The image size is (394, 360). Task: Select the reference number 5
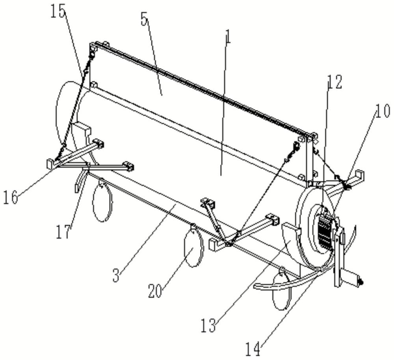(x=144, y=20)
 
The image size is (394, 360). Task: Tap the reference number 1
(x=228, y=37)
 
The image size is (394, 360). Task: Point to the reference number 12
(x=335, y=82)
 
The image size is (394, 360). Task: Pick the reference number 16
(x=11, y=197)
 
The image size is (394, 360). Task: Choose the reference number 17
(x=63, y=231)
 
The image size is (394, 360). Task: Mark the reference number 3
(x=116, y=275)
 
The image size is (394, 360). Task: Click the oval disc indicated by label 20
(x=193, y=245)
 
